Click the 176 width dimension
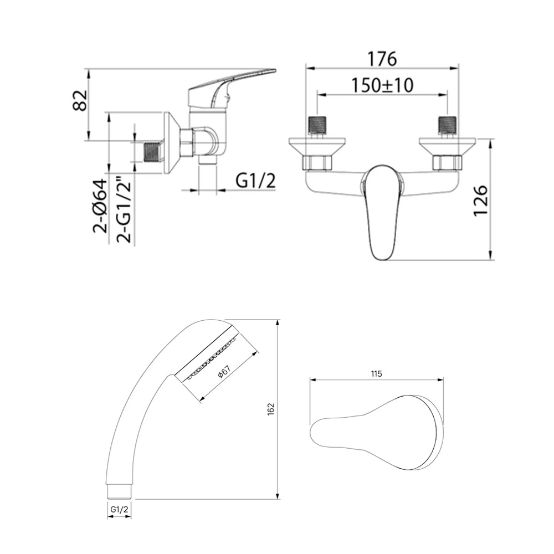382,59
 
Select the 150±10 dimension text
382,85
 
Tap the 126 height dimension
480,200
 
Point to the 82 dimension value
79,101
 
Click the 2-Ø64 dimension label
100,206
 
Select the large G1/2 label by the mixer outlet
255,182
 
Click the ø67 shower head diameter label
224,372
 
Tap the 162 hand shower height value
271,409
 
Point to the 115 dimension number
377,373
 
